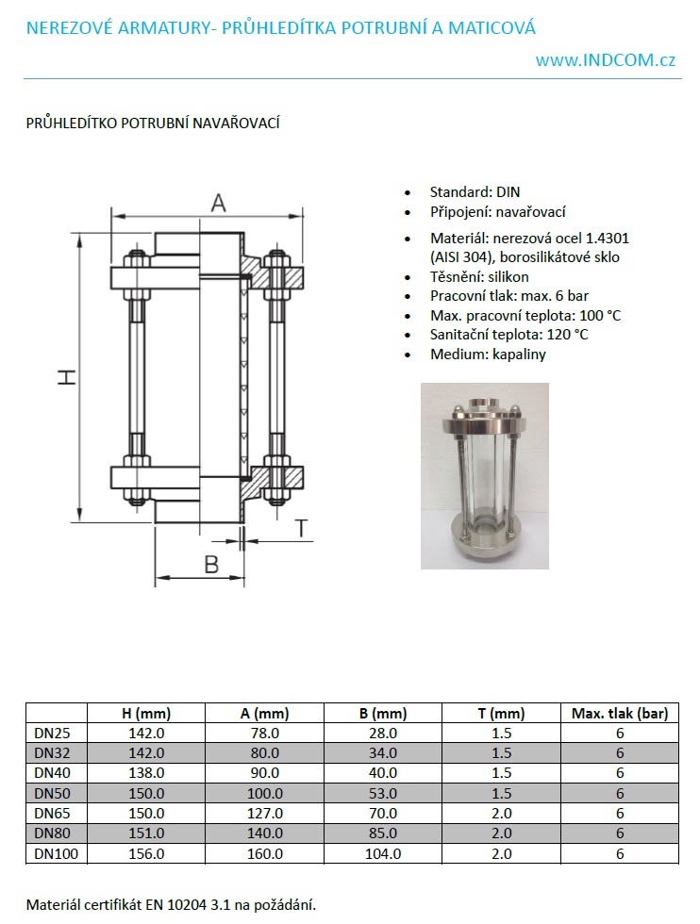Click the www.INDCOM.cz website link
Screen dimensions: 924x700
(605, 59)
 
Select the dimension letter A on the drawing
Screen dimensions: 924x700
(218, 201)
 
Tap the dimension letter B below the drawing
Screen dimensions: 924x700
(211, 564)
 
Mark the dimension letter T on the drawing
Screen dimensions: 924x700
(302, 528)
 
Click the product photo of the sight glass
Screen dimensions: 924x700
(484, 475)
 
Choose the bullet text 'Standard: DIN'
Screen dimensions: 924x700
(475, 191)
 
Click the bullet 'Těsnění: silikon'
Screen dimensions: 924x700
(479, 276)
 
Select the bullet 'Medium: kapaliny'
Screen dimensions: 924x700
(488, 355)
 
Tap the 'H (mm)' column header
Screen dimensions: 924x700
(146, 713)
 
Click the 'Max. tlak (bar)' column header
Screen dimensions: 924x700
(619, 713)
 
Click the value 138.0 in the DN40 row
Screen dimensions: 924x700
(146, 772)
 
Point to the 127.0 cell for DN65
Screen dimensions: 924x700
(264, 813)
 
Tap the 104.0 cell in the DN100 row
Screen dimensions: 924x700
(382, 853)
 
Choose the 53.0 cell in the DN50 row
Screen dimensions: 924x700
(382, 793)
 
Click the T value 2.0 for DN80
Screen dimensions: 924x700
(501, 833)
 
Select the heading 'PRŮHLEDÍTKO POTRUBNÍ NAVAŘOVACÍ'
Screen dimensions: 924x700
(153, 123)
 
